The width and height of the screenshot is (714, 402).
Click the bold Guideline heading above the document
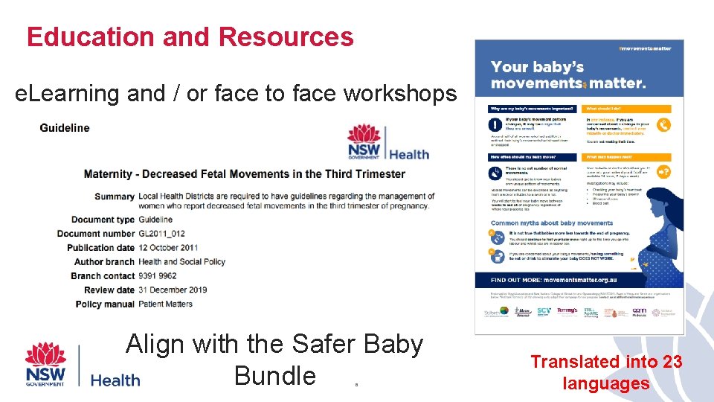click(x=65, y=128)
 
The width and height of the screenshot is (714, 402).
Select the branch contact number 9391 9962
click(x=158, y=276)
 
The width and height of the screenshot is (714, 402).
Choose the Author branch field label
click(x=104, y=262)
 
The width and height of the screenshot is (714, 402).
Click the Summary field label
click(x=115, y=197)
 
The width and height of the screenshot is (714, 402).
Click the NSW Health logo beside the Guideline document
click(x=388, y=143)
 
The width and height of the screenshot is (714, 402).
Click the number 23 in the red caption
click(x=671, y=363)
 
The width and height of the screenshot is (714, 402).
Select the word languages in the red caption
click(x=606, y=384)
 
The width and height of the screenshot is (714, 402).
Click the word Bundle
click(x=274, y=375)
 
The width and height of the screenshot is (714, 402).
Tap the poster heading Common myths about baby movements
click(x=552, y=223)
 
